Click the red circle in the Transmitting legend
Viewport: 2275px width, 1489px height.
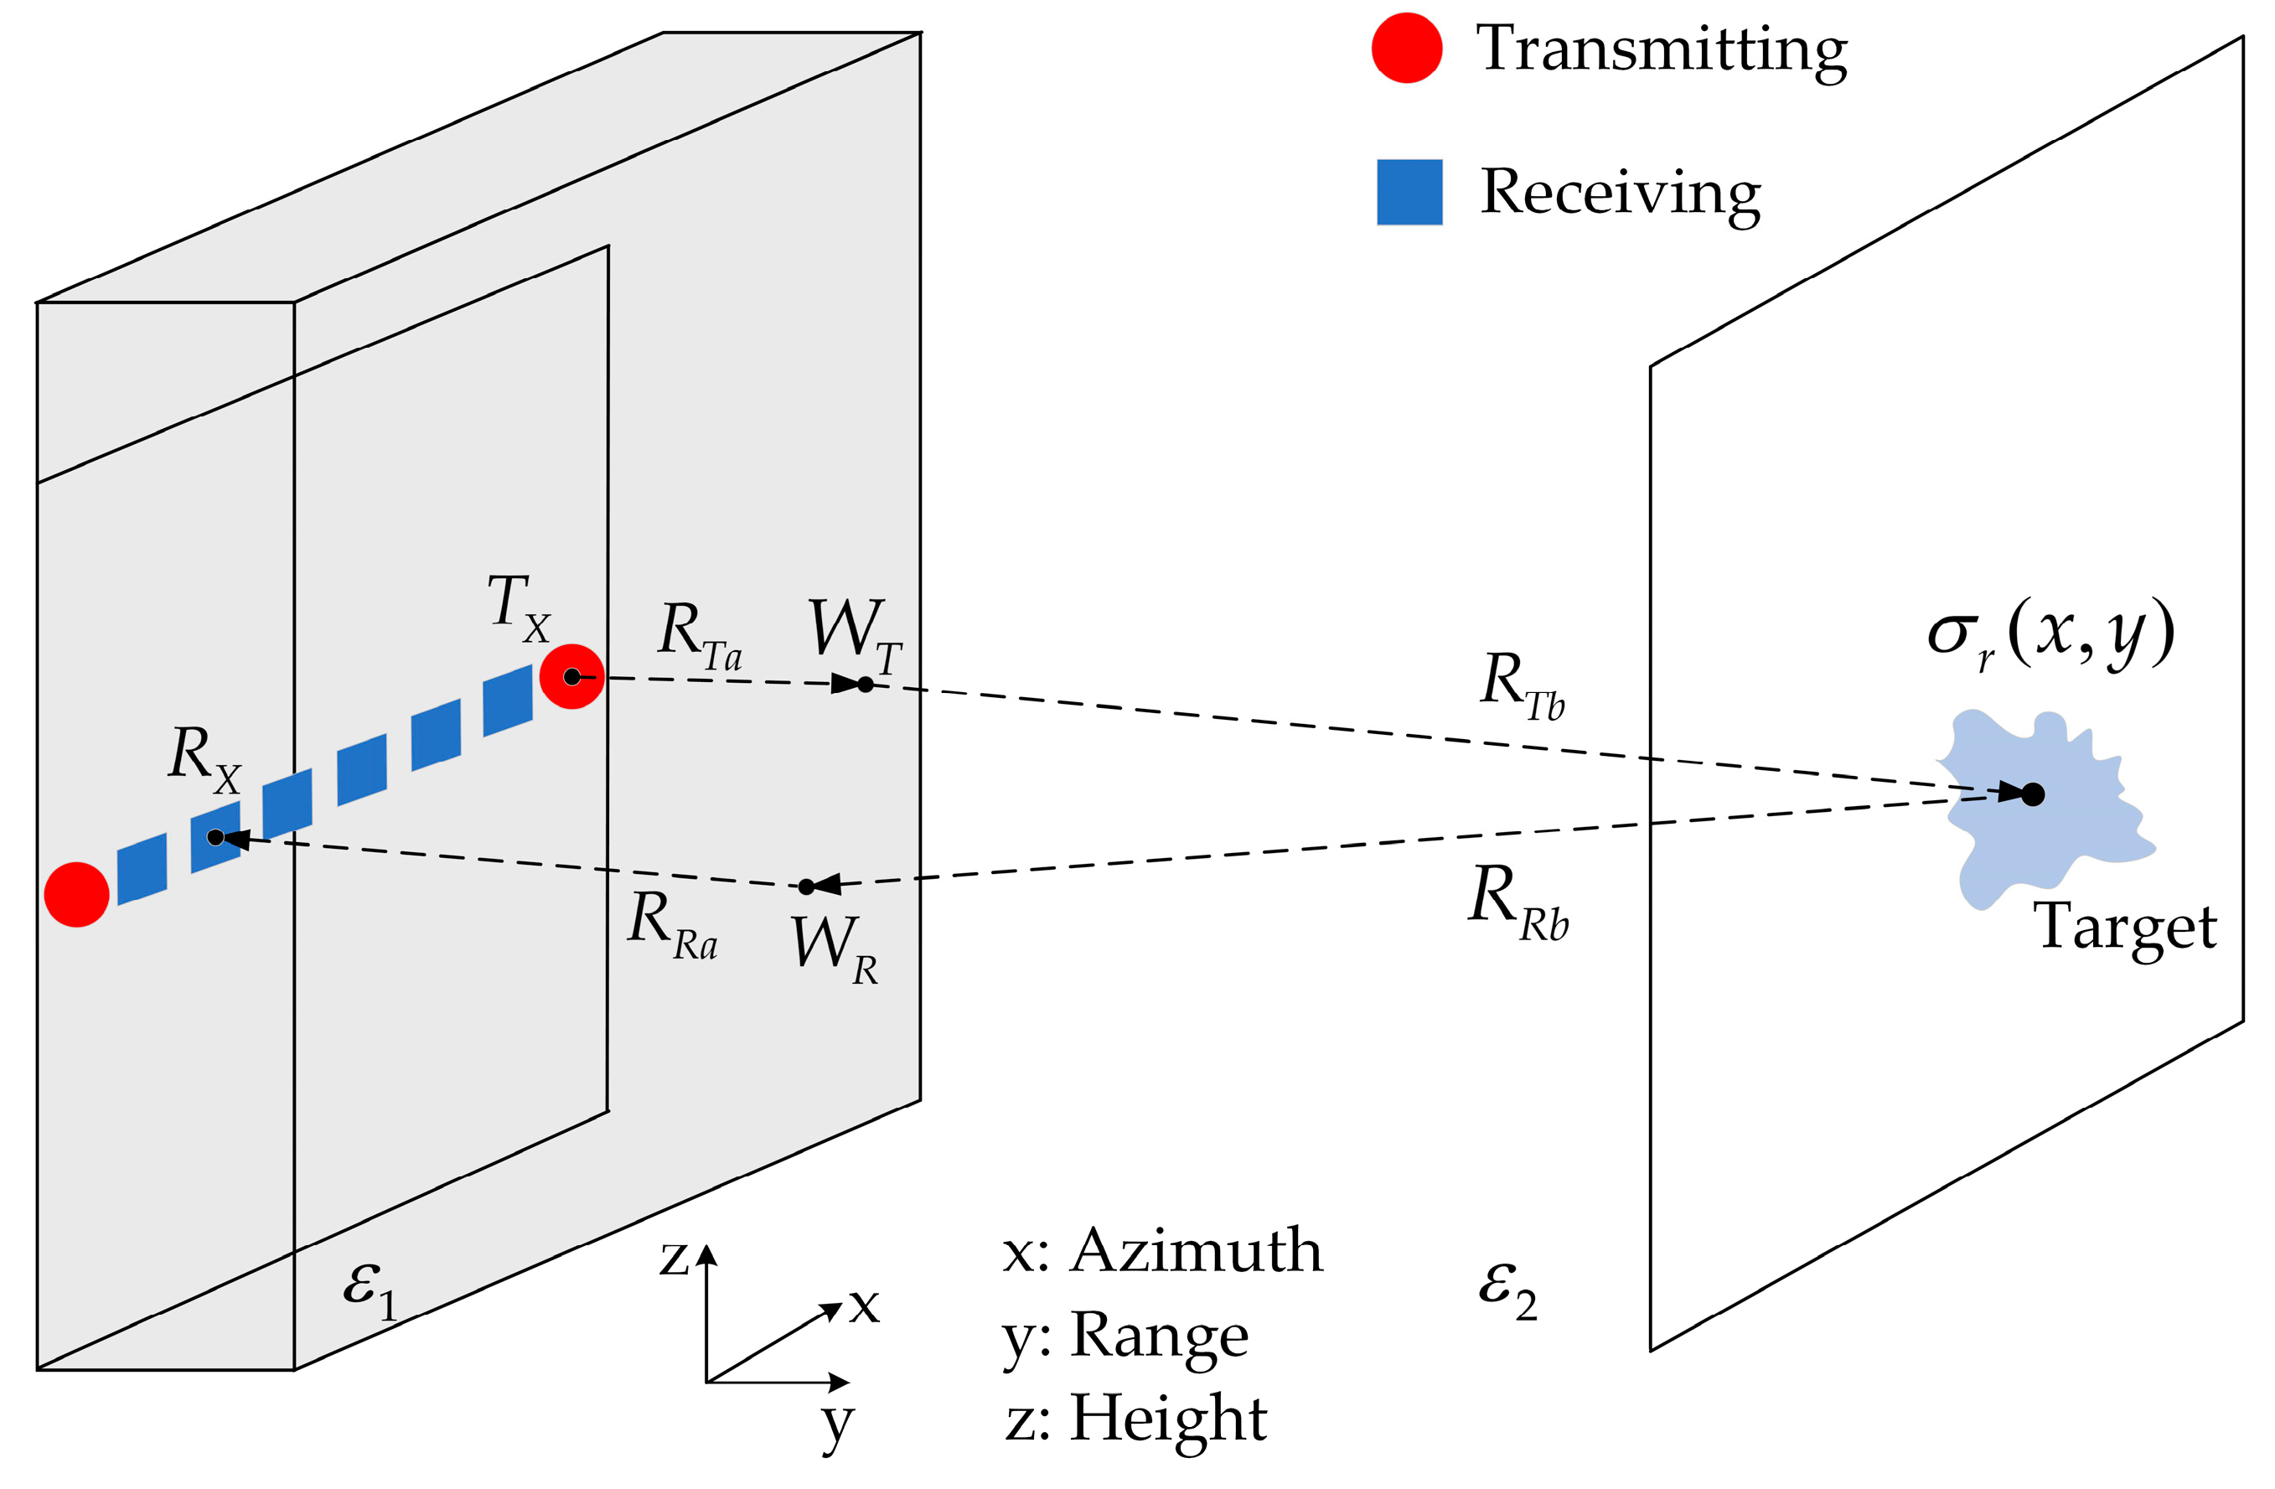(1406, 48)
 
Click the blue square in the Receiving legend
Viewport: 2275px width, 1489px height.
(1409, 192)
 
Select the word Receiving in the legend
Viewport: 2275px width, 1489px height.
(1621, 193)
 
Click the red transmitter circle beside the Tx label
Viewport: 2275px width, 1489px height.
(571, 677)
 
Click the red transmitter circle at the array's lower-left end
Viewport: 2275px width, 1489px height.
(76, 895)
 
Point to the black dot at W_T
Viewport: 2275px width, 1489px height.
(865, 685)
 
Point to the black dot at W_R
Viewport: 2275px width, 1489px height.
(807, 887)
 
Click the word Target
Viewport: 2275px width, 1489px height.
(2124, 927)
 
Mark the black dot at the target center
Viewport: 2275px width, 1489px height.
(2033, 794)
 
